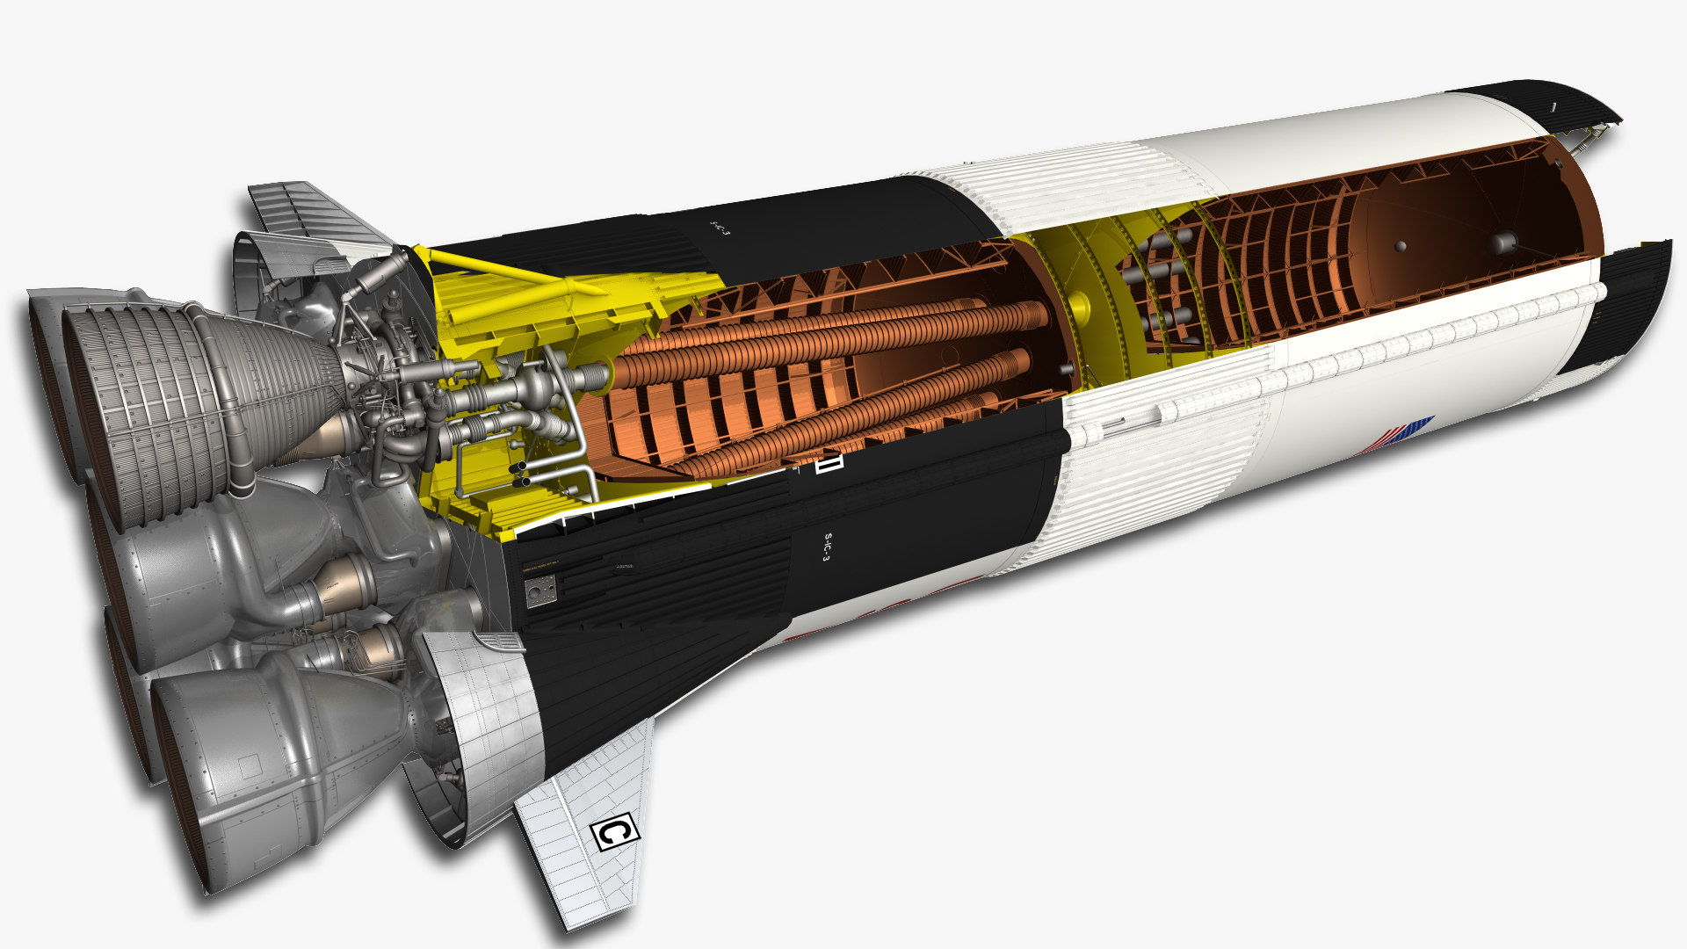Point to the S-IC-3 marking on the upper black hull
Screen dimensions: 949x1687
(x=720, y=226)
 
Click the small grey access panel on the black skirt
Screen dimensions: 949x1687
(x=540, y=591)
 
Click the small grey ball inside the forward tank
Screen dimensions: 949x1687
(x=1401, y=245)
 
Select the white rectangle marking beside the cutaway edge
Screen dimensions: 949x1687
(x=828, y=462)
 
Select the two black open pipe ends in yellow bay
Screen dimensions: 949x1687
(x=519, y=474)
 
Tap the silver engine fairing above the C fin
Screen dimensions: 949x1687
(x=479, y=721)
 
